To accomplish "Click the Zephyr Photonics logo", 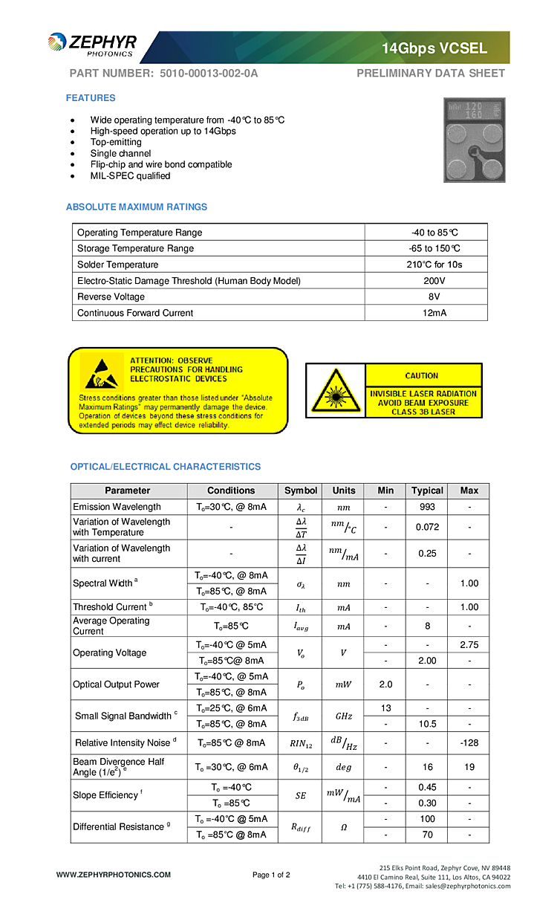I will pos(92,45).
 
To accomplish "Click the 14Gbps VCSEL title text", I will pos(434,48).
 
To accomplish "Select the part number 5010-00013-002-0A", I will pos(209,74).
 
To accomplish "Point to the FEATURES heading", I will pos(91,98).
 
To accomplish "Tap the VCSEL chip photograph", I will pos(474,140).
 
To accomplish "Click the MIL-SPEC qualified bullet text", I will pos(130,176).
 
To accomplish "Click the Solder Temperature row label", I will pos(117,265).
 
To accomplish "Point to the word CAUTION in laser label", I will pos(422,376).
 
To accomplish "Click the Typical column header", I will pos(427,490).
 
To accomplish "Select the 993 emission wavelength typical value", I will pos(427,507).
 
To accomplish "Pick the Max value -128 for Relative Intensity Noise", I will pos(469,743).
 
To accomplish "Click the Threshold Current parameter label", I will pos(109,607).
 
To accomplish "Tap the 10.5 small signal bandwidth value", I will pos(427,724).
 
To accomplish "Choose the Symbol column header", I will pos(301,490).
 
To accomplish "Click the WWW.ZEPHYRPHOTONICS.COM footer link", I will pos(114,875).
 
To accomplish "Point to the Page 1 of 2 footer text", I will pos(271,875).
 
